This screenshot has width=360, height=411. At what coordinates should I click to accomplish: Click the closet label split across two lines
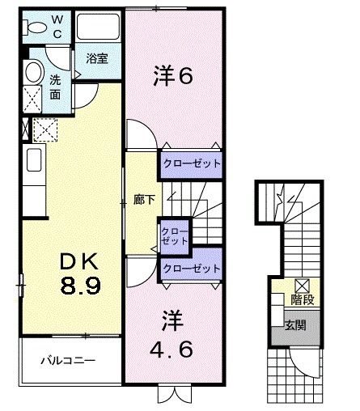[x=175, y=235]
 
